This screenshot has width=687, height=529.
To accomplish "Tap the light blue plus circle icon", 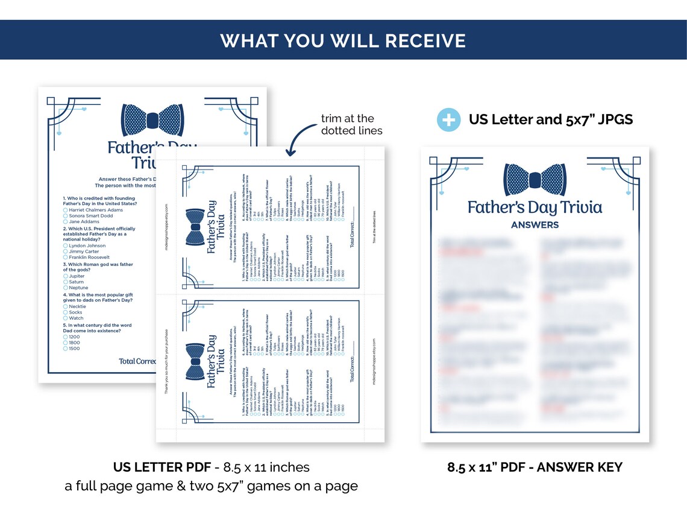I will (448, 119).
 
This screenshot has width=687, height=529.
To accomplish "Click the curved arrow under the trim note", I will (297, 142).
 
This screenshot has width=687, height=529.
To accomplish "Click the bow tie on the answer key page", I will (535, 180).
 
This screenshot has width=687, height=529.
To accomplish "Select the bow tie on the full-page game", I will (152, 119).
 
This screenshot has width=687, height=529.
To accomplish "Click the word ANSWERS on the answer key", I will (535, 225).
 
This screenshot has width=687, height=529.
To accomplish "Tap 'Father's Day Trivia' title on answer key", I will (535, 208).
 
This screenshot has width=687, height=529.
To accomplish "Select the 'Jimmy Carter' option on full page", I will (84, 252).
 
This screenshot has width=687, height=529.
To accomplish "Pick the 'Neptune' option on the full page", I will (79, 288).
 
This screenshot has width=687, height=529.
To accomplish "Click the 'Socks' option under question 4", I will (76, 312).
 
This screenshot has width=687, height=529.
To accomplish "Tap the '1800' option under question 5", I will (74, 342).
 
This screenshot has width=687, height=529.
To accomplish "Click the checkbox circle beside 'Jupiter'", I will (65, 276).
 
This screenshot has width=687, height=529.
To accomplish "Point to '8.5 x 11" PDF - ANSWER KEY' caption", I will (535, 467).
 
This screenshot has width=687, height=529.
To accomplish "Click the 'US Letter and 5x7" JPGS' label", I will (550, 119).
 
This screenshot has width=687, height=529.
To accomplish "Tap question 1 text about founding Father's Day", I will (99, 201).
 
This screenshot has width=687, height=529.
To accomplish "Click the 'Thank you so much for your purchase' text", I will (167, 362).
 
